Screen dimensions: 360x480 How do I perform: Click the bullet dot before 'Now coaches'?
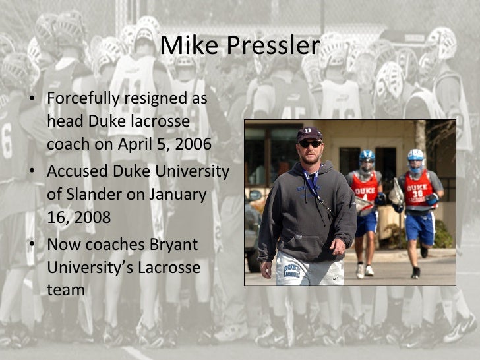click(32, 244)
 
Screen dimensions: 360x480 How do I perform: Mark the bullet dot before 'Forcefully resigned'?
click(32, 99)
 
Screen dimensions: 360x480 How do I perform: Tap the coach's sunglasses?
click(309, 143)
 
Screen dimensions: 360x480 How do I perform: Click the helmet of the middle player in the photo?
click(367, 160)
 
